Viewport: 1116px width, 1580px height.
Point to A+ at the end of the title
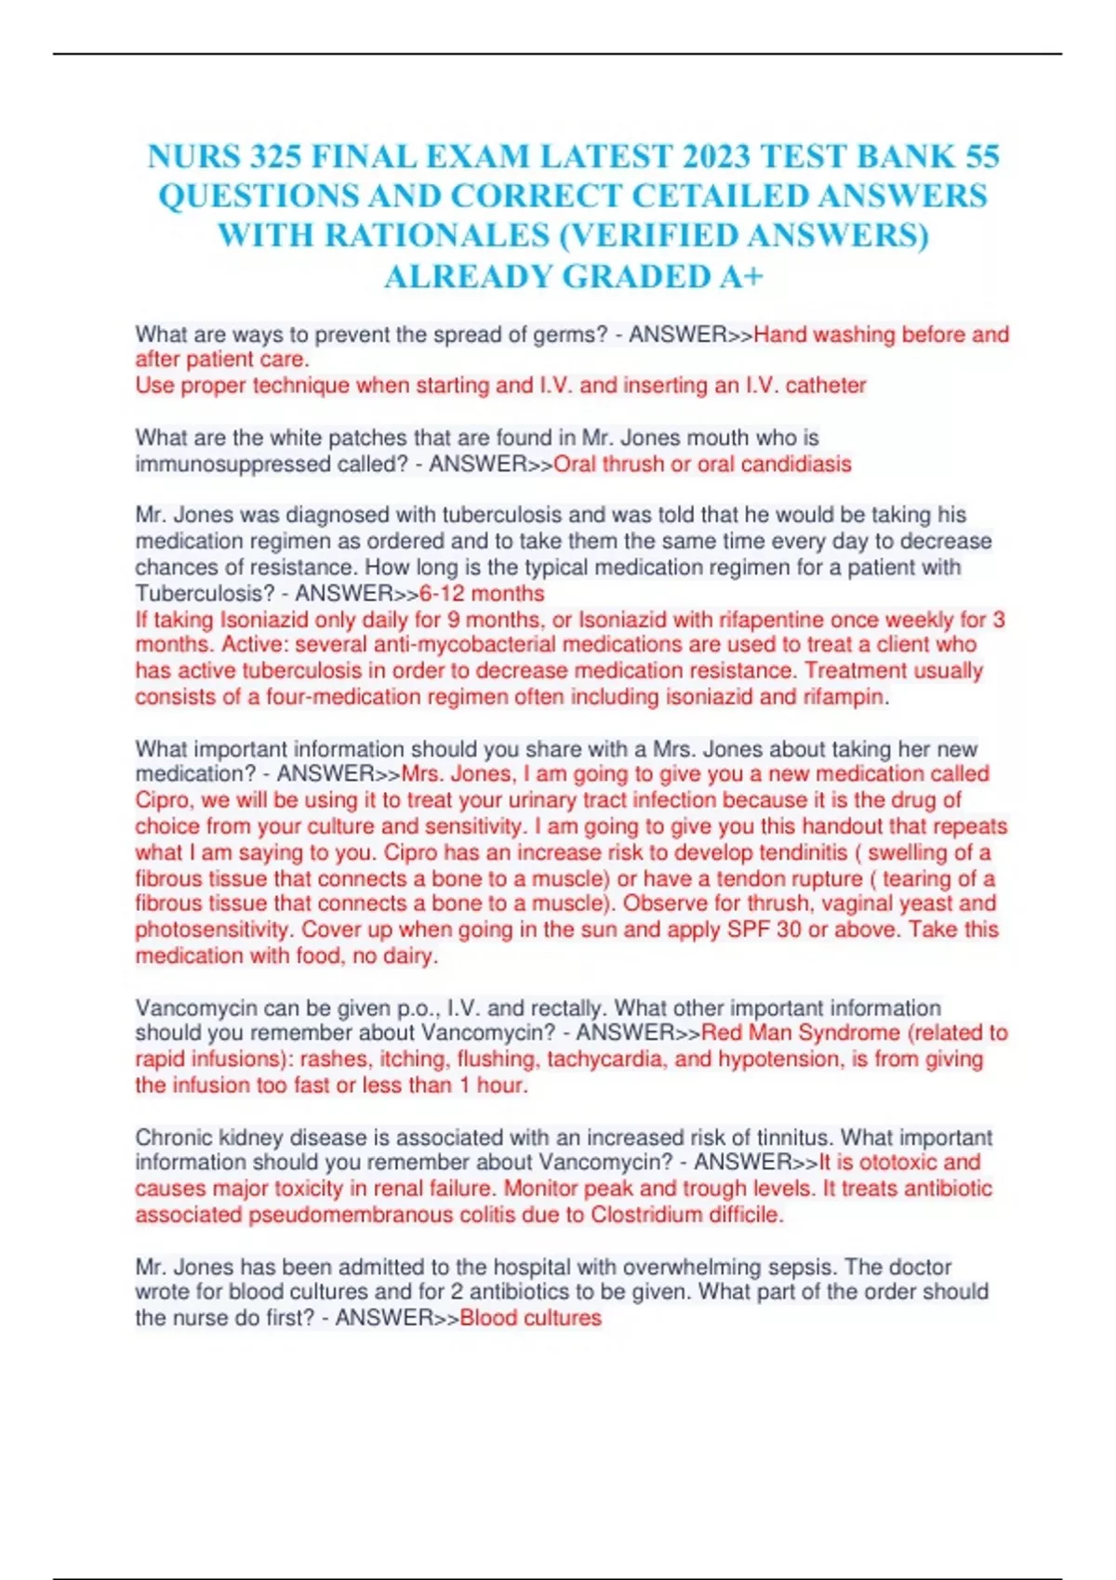tap(742, 277)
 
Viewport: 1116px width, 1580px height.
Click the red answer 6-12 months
tap(482, 593)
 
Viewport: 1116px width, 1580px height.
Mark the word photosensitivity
tap(213, 929)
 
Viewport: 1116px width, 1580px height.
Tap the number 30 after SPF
tap(789, 929)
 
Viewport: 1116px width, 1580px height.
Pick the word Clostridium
tap(646, 1215)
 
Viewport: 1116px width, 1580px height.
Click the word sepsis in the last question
tap(804, 1267)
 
